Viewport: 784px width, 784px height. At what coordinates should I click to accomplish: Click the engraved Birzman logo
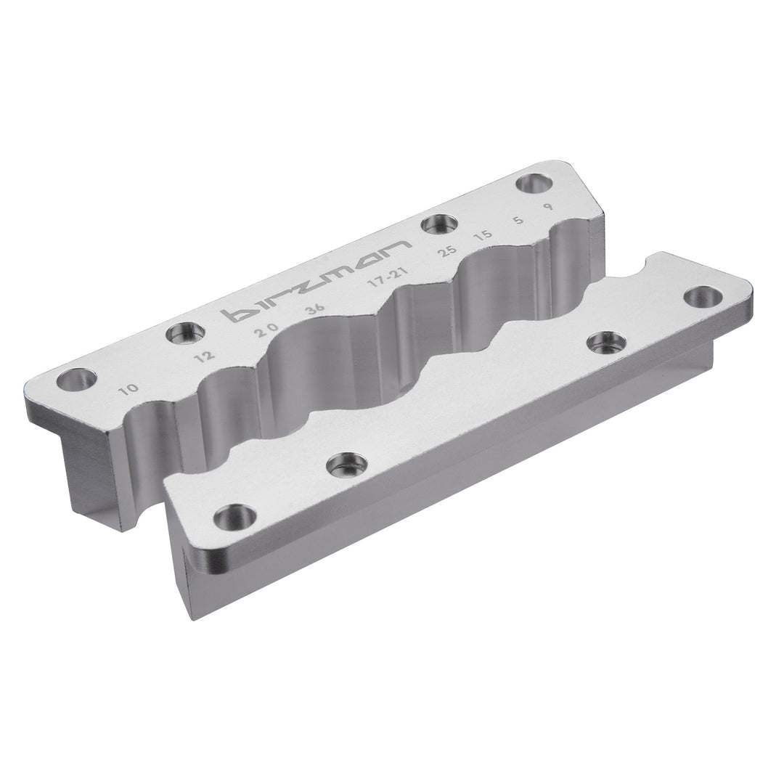click(316, 281)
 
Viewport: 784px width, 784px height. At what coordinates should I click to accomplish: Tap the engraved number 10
click(130, 390)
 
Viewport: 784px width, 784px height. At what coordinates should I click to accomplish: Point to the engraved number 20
click(266, 329)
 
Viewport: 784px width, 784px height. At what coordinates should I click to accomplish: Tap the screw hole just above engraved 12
click(185, 333)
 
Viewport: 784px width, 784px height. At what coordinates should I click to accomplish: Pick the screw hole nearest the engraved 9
click(534, 184)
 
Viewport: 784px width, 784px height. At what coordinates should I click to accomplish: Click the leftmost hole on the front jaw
click(235, 517)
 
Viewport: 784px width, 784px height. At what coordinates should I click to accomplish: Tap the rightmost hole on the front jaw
click(703, 296)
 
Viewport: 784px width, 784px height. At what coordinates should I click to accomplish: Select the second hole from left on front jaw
click(347, 464)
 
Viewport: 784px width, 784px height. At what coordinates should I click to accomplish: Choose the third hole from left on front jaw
click(606, 341)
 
